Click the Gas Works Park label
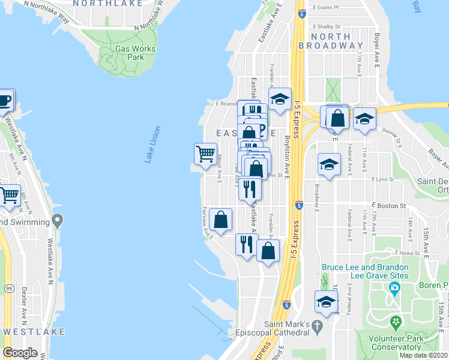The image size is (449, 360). pos(135,53)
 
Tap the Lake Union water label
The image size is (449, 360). pos(152,144)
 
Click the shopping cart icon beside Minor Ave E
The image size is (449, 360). pos(205,154)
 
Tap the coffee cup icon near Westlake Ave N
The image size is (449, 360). pos(4,100)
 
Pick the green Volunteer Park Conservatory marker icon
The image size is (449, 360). pos(396,323)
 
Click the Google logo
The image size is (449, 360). pos(20,353)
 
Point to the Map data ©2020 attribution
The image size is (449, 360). pos(423,355)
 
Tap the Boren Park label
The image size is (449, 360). pos(436,286)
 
